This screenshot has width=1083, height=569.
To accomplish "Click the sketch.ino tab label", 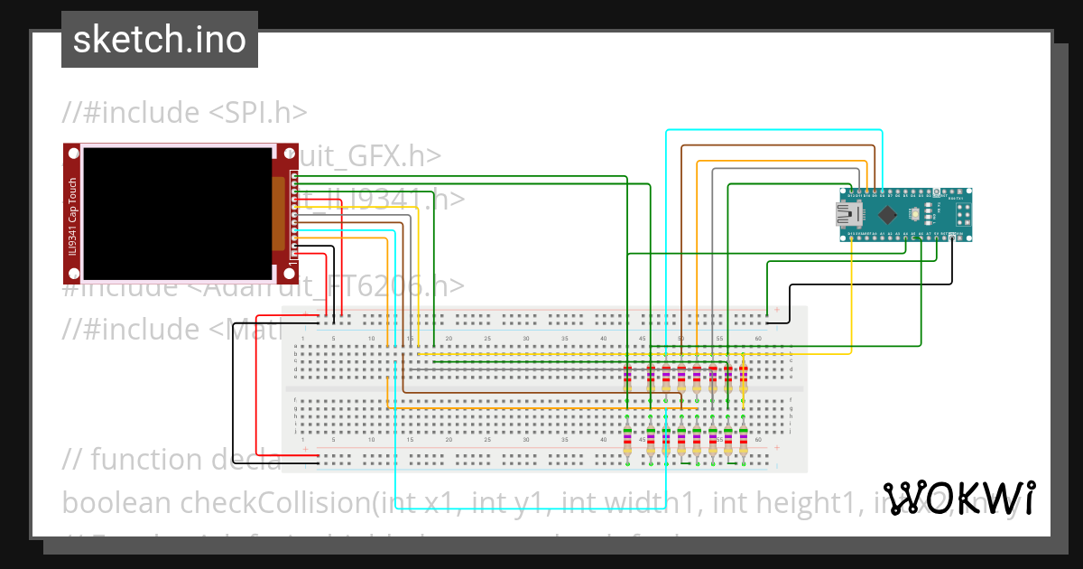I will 160,40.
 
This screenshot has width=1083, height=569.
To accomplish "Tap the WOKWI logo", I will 958,498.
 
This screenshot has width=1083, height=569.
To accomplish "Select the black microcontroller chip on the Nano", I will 888,214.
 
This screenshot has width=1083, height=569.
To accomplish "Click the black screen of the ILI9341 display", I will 178,213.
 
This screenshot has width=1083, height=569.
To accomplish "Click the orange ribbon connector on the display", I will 281,215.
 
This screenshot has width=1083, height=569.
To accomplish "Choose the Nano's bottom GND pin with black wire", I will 952,236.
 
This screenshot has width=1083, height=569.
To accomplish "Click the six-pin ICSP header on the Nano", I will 962,213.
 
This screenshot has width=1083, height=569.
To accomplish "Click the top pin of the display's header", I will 292,173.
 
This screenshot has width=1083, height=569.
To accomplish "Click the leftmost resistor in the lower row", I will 628,441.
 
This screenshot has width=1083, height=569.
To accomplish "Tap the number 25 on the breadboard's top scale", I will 487,338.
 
